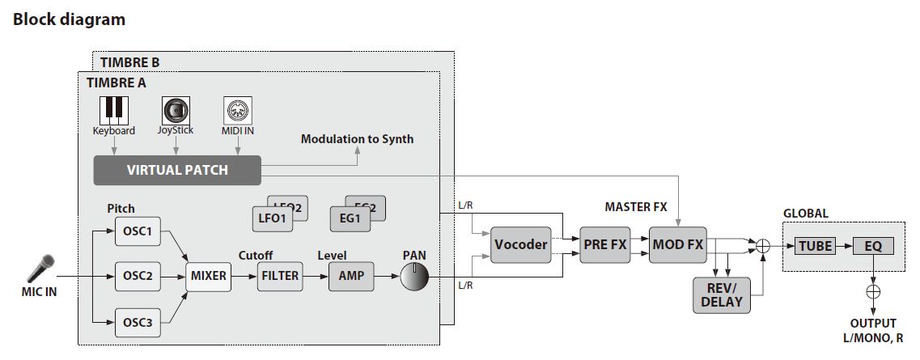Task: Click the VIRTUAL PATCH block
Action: (x=177, y=171)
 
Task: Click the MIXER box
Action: (x=209, y=276)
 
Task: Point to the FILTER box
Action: (x=279, y=276)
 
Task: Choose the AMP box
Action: (x=351, y=276)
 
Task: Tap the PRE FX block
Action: (x=604, y=244)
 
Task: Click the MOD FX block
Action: (x=677, y=244)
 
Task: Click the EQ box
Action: (x=871, y=245)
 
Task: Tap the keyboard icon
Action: (x=112, y=110)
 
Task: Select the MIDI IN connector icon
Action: (x=238, y=110)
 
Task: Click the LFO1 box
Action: (x=272, y=218)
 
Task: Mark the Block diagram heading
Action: (x=69, y=19)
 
